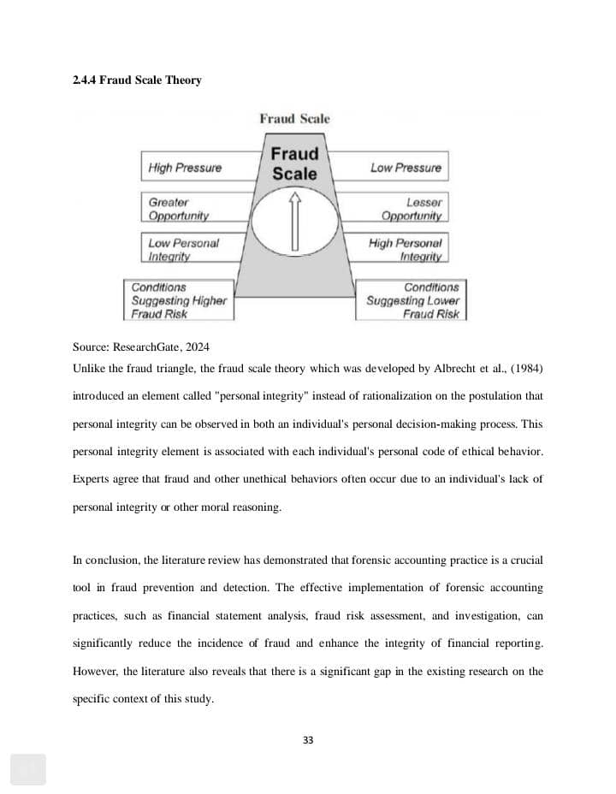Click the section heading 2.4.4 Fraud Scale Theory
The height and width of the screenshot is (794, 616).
click(x=137, y=80)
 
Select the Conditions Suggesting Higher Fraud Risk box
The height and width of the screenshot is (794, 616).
click(x=179, y=300)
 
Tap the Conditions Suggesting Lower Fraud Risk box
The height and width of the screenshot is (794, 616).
click(x=411, y=300)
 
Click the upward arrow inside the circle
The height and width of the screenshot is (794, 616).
click(x=295, y=222)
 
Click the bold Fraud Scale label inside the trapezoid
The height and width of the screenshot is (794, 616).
click(x=294, y=163)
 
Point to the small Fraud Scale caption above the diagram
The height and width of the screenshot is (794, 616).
click(x=294, y=119)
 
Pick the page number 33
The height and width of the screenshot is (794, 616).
click(x=308, y=740)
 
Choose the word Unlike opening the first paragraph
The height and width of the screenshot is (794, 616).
click(x=88, y=369)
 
